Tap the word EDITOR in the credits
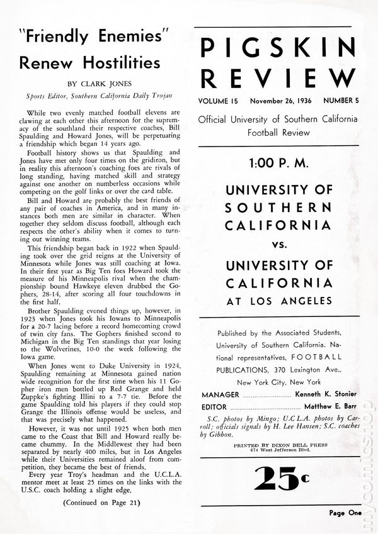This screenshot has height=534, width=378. (x=216, y=406)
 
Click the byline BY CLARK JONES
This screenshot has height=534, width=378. (x=98, y=83)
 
